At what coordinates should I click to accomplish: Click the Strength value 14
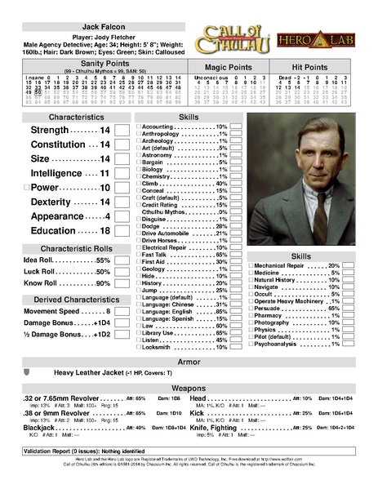coord(105,131)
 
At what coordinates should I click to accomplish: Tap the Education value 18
coord(105,231)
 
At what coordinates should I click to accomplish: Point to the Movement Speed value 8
coord(107,312)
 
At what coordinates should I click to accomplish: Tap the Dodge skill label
coord(152,225)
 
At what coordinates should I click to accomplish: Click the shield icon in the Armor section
coord(27,372)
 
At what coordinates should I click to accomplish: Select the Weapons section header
coord(188,388)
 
